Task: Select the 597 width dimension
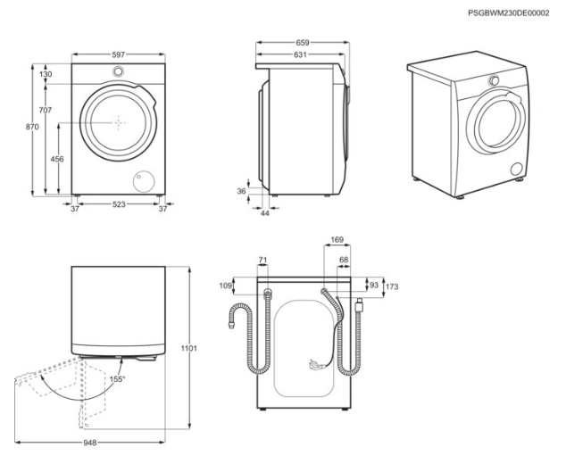[118, 54]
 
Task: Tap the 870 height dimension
[32, 128]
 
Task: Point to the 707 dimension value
[46, 110]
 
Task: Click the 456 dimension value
[57, 159]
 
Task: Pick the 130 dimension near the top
[46, 74]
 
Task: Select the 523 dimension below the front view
[118, 205]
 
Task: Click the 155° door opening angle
[117, 378]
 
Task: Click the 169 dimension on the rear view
[336, 239]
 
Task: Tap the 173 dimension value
[393, 286]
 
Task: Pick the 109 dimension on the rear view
[226, 286]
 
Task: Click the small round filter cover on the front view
[140, 180]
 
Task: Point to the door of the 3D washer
[493, 123]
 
